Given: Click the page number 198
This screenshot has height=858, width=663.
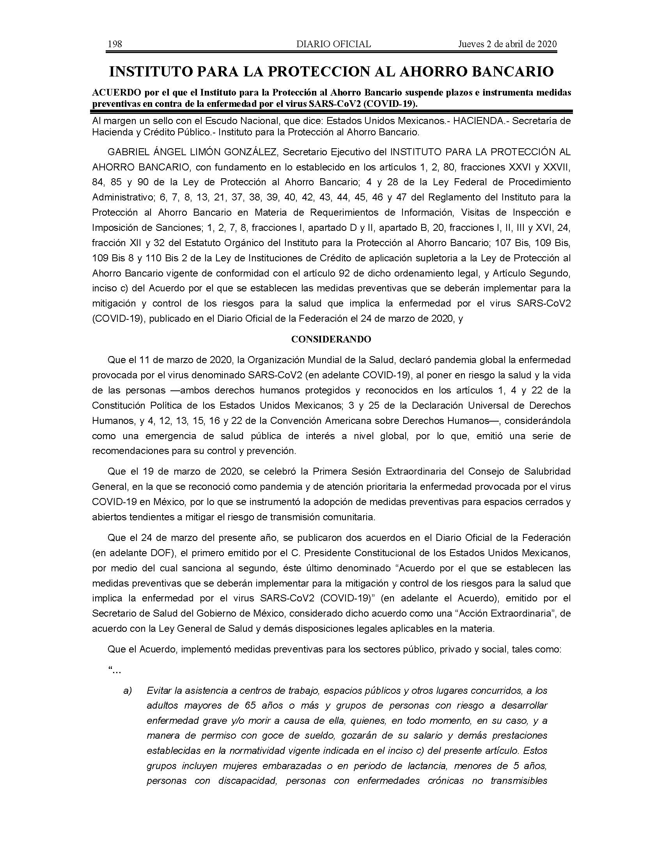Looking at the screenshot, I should (115, 44).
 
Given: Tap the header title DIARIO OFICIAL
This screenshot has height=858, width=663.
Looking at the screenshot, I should (333, 44).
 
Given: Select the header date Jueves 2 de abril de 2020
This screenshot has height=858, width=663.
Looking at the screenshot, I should (507, 44).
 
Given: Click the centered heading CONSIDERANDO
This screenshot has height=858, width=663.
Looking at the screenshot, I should (331, 339).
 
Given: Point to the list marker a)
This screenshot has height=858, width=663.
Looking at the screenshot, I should (128, 690).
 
